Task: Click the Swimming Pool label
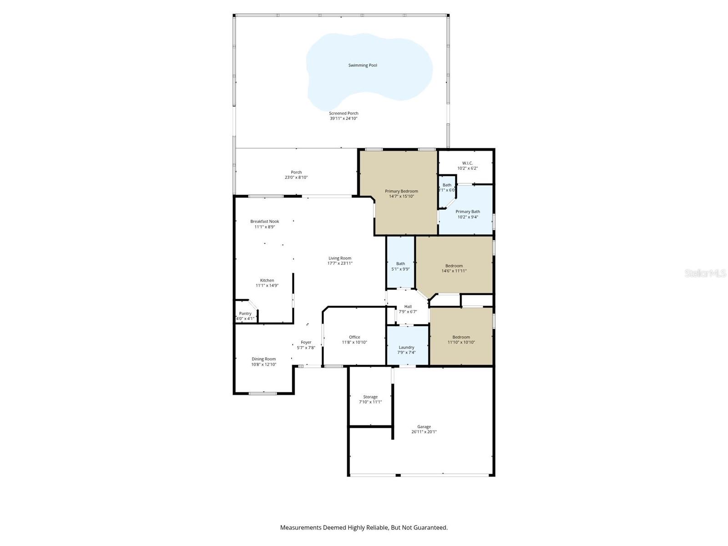click(x=363, y=65)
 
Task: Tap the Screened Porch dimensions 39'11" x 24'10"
click(x=344, y=118)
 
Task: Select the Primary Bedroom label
click(x=401, y=191)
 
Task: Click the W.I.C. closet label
click(x=467, y=163)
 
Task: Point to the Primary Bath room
click(x=468, y=214)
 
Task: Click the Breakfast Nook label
click(x=264, y=222)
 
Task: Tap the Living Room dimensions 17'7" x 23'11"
click(x=340, y=263)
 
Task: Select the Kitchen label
click(x=267, y=280)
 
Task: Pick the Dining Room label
click(x=264, y=359)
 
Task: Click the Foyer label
click(x=306, y=342)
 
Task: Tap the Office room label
click(x=354, y=337)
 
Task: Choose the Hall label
click(x=408, y=307)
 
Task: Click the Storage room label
click(x=370, y=397)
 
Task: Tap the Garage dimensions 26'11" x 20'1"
click(x=424, y=432)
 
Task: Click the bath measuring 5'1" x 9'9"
click(x=400, y=266)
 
